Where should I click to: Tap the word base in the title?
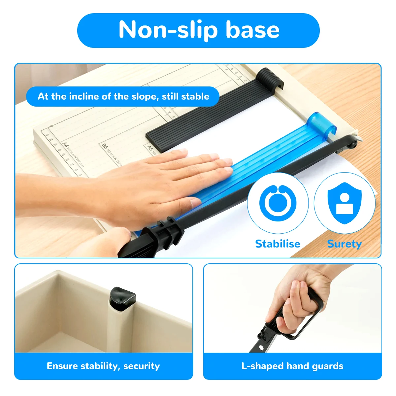[x=252, y=30]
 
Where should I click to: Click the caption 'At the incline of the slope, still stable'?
[x=123, y=96]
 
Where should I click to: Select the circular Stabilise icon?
[x=278, y=203]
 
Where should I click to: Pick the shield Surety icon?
[x=344, y=203]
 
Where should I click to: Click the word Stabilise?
[x=278, y=244]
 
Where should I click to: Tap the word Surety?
[x=344, y=244]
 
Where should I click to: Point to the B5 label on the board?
[x=105, y=146]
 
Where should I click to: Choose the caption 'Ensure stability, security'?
[x=103, y=366]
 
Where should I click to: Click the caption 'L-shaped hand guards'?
[x=292, y=366]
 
